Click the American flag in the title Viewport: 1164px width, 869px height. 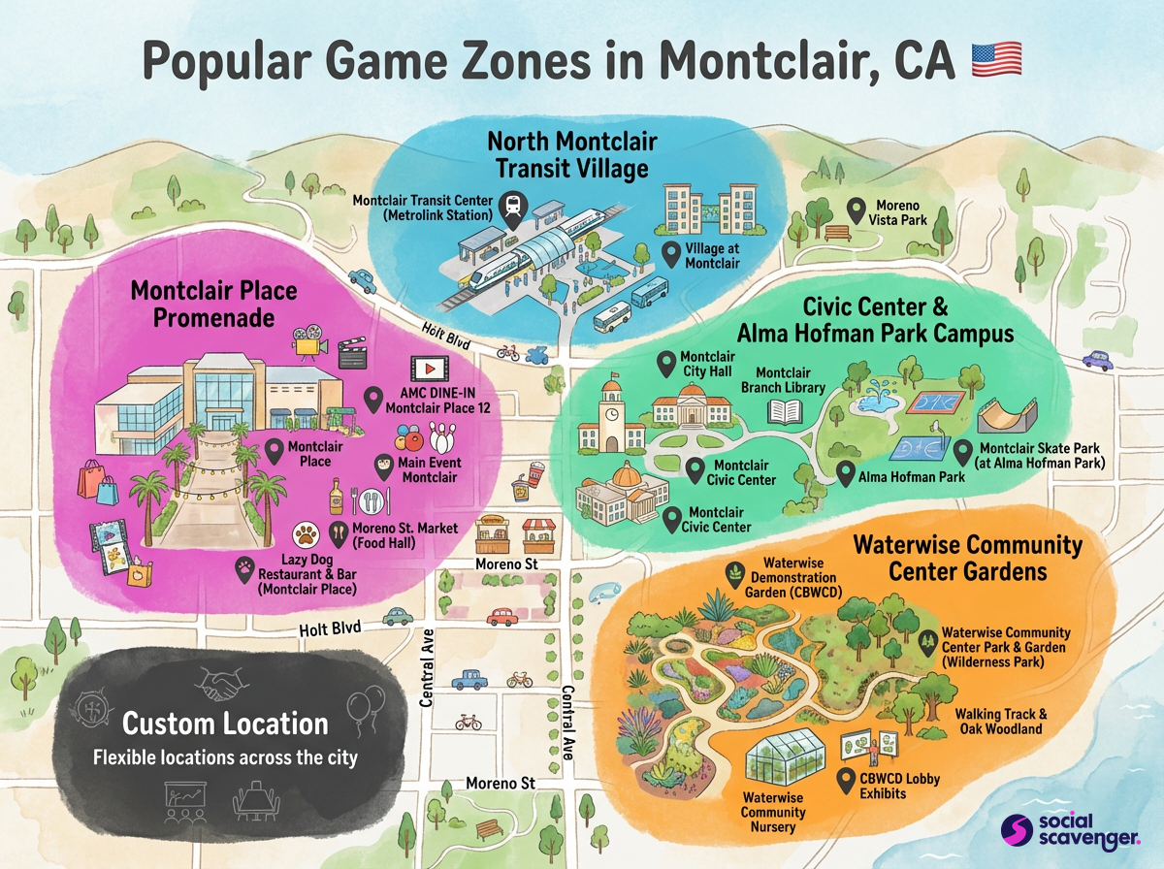coord(996,59)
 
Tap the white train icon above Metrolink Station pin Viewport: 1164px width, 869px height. coord(511,207)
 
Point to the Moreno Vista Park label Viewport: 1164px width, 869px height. coord(901,212)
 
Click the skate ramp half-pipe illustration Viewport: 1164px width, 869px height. coord(1013,416)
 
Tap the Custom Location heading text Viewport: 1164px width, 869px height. coord(225,724)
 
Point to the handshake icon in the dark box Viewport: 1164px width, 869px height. coord(220,686)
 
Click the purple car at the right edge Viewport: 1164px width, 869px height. coord(1098,360)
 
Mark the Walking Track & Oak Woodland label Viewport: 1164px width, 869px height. coord(1000,722)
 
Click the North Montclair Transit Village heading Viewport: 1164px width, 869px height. coord(571,155)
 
